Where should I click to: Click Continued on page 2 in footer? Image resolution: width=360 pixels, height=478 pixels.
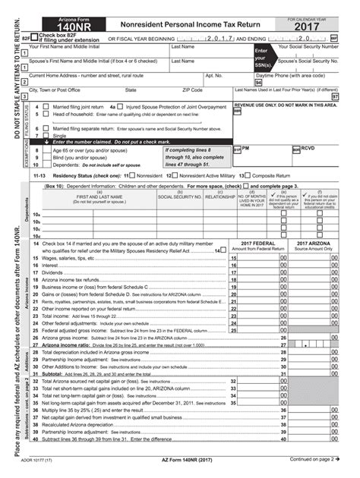[309, 460]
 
